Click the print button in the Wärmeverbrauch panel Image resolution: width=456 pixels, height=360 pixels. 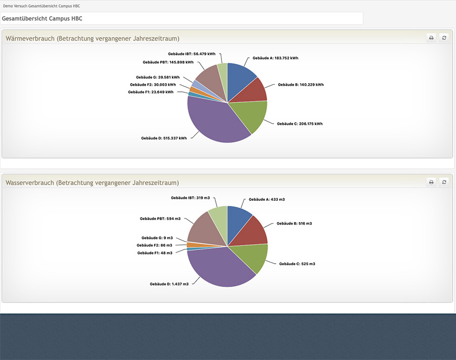coord(431,38)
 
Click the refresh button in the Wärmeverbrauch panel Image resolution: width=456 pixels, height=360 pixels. coord(444,38)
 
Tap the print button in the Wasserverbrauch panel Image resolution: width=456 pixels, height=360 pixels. coord(431,182)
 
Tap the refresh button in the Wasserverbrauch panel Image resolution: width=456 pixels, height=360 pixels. coord(444,182)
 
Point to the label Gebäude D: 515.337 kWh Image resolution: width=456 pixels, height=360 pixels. coord(164,138)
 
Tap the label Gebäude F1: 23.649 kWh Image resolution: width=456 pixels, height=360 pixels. coord(150,92)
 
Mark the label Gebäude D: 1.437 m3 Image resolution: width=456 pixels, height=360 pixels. coord(169,284)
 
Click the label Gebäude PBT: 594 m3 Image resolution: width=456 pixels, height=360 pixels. coord(160,219)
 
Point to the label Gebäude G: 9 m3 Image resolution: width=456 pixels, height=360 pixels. coord(157,238)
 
